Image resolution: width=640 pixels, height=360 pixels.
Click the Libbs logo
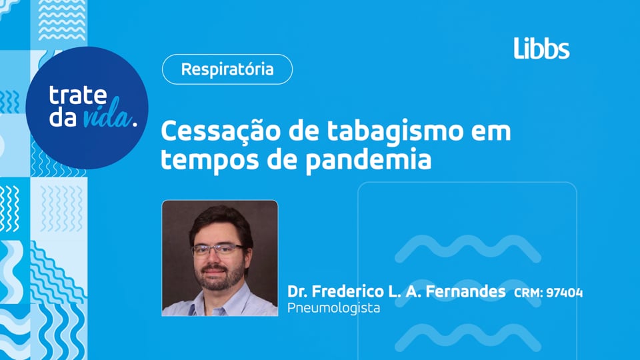pyautogui.click(x=541, y=48)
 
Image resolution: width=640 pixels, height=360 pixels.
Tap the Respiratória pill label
pyautogui.click(x=227, y=69)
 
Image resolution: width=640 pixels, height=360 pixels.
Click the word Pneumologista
pyautogui.click(x=333, y=309)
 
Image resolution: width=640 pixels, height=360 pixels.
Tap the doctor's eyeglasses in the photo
pyautogui.click(x=218, y=250)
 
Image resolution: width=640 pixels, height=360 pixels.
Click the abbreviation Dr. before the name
pyautogui.click(x=297, y=292)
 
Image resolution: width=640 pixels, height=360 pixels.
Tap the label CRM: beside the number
pyautogui.click(x=528, y=293)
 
